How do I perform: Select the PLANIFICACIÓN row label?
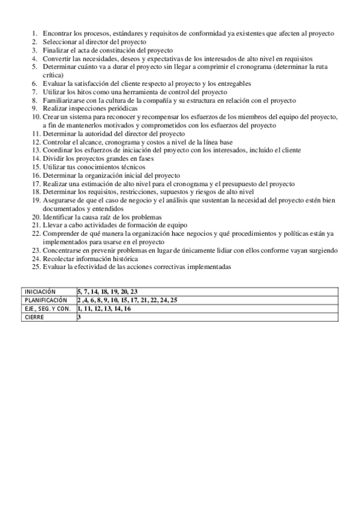click(x=46, y=300)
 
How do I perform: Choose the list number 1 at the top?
click(x=35, y=34)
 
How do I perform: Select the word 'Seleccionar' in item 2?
click(x=61, y=43)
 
